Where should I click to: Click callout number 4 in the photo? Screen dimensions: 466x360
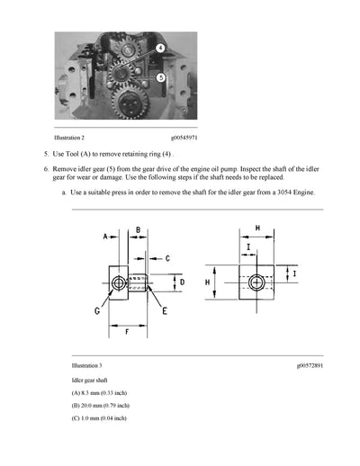158,47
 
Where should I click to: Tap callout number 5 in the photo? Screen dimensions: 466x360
160,78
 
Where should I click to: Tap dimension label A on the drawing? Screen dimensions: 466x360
105,237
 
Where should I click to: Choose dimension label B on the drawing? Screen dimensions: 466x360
138,230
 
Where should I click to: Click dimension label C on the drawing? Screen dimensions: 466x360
166,258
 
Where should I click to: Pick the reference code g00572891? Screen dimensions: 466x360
309,366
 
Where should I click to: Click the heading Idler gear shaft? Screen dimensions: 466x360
92,381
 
